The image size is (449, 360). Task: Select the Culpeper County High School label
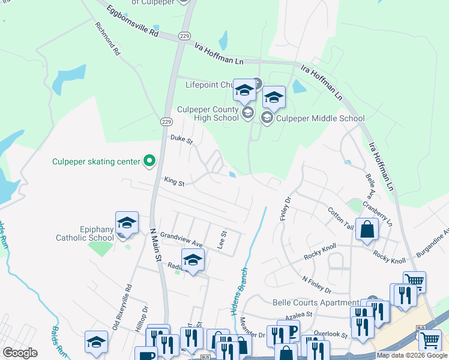pos(208,113)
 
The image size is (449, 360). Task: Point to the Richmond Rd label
pos(108,40)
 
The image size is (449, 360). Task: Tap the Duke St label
pos(181,140)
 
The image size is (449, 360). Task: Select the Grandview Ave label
pos(181,239)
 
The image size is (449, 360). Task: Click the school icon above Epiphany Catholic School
pos(127,223)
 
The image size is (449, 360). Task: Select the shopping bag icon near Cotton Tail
pos(367,229)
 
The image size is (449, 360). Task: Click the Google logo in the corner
pos(20,353)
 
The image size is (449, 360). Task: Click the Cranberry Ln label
pos(382,214)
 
